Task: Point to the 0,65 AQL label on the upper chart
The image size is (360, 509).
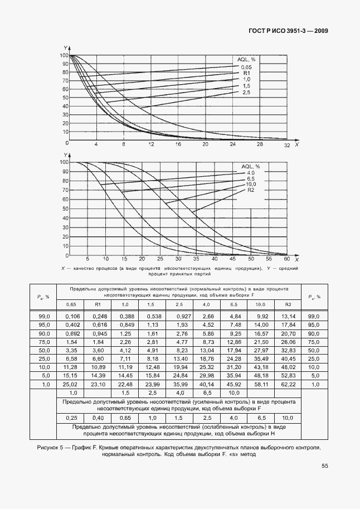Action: pos(246,67)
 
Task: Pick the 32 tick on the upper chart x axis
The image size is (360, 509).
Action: pos(287,145)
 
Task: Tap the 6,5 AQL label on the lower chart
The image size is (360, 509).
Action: pos(250,178)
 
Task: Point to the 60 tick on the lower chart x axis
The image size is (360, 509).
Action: pos(286,259)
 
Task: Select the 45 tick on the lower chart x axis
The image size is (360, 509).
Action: pos(232,259)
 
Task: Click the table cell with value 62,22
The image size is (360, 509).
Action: pos(288,384)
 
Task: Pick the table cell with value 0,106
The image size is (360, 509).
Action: pos(71,316)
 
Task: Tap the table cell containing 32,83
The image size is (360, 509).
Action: pos(288,350)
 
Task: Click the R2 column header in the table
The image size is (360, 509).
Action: pos(288,304)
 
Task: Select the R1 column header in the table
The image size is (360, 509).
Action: pos(98,304)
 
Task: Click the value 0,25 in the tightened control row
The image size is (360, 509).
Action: pos(71,418)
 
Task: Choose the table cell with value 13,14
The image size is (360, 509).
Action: pos(288,316)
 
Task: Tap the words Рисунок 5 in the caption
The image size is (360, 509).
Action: pos(50,447)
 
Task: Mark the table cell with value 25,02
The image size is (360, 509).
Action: pos(71,384)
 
